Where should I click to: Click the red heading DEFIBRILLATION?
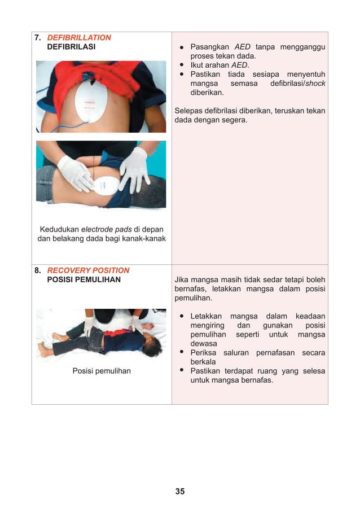click(x=79, y=38)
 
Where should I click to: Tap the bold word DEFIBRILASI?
click(x=71, y=47)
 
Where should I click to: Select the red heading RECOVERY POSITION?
click(x=88, y=270)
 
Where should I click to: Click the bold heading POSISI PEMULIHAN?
click(x=84, y=279)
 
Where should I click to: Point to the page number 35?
click(x=179, y=491)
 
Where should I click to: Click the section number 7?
click(x=37, y=38)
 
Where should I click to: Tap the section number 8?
click(x=37, y=270)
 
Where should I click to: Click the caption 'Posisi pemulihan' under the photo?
click(x=102, y=371)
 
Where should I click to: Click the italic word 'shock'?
click(x=315, y=84)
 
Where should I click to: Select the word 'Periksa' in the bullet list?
click(x=204, y=353)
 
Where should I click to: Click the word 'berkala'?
click(x=203, y=362)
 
